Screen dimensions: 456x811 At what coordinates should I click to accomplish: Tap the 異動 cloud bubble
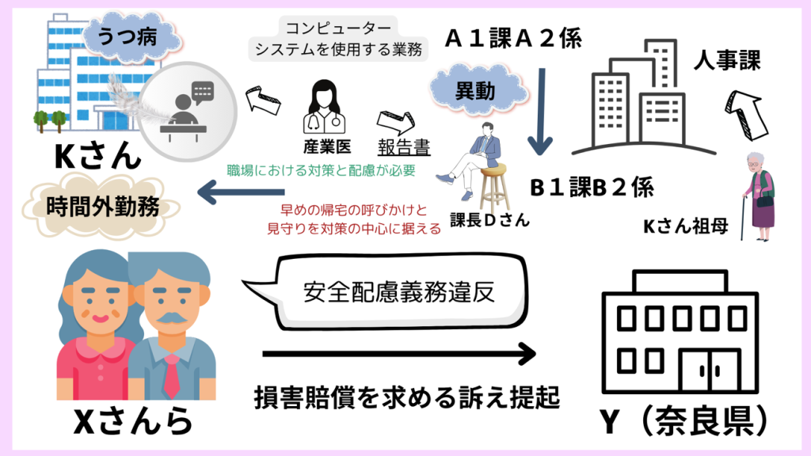(475, 90)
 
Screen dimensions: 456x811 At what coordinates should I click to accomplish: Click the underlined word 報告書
(404, 147)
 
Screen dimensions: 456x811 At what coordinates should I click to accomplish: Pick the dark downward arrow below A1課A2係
(543, 111)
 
